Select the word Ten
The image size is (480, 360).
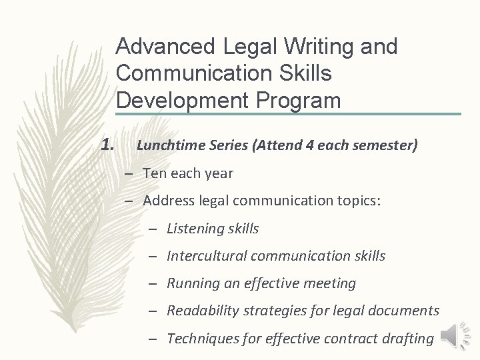[154, 173]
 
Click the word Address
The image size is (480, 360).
[167, 201]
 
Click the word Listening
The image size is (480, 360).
[194, 229]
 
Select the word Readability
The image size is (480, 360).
[203, 311]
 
